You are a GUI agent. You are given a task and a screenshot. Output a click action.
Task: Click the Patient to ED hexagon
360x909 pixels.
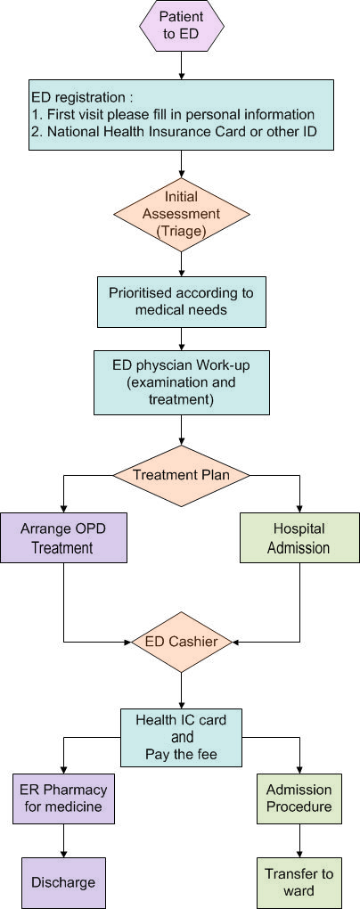tap(182, 25)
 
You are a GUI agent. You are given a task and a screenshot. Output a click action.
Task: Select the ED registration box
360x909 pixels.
tap(182, 115)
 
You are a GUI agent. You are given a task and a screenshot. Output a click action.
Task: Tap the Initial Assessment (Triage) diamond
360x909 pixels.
tap(182, 214)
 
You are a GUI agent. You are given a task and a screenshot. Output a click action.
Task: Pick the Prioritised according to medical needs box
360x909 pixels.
tap(182, 301)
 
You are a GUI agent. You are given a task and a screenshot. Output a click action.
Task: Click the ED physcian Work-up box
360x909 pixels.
tap(182, 382)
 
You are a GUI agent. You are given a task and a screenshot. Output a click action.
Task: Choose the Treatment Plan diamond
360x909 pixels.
tap(182, 475)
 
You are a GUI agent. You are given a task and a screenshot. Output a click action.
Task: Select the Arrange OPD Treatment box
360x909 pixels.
tap(63, 537)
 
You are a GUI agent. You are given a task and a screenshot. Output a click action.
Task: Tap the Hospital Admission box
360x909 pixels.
tap(299, 537)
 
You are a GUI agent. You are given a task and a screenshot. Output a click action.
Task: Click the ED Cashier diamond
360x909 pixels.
tap(182, 641)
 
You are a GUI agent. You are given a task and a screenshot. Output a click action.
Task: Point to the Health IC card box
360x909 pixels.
tap(182, 737)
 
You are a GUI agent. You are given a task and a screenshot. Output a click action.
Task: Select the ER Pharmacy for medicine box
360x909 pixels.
tap(63, 798)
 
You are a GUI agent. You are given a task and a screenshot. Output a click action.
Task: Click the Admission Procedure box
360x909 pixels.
tap(299, 798)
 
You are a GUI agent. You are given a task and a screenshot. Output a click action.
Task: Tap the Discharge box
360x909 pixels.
tap(63, 882)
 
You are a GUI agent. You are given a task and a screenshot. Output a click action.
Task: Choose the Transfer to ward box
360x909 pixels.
tap(299, 882)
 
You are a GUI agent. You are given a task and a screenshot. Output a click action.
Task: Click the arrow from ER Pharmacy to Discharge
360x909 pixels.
tap(63, 840)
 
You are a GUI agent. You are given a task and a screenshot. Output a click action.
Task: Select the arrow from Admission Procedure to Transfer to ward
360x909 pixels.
tap(299, 840)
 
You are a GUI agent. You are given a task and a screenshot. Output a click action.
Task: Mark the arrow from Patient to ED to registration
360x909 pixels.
tap(182, 65)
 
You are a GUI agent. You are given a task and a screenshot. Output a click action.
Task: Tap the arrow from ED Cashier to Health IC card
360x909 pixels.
tap(182, 690)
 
